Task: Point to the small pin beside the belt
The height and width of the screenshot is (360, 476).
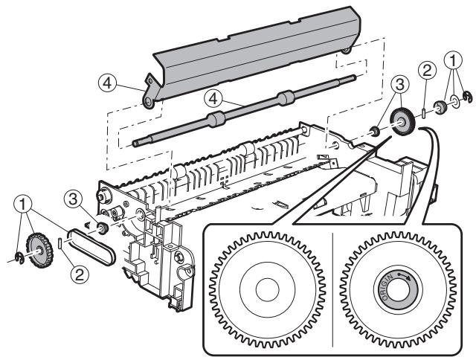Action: (60, 242)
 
